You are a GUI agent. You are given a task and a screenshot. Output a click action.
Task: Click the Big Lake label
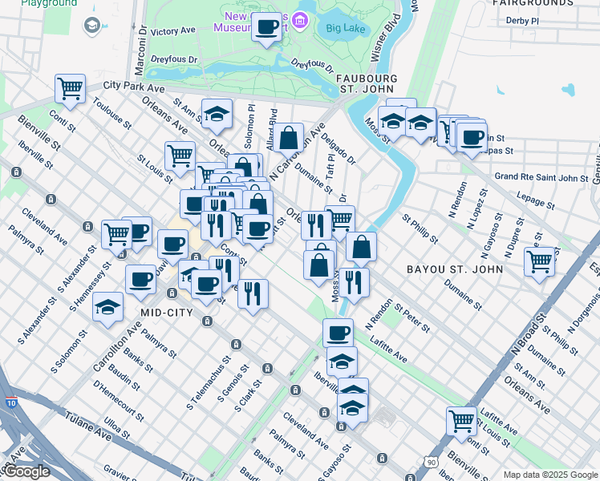[346, 28]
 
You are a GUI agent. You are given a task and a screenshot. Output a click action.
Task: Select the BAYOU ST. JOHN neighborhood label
[455, 269]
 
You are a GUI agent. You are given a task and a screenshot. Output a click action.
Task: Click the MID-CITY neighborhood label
[168, 312]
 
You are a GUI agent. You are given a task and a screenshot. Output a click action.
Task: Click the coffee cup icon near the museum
[266, 27]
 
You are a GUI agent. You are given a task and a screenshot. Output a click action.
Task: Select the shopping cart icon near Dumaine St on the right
[540, 261]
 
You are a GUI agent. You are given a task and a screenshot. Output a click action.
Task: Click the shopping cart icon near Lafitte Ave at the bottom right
[462, 420]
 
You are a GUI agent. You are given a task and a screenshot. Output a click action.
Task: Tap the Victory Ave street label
[173, 31]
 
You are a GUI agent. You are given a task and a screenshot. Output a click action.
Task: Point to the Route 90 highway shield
[432, 463]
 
